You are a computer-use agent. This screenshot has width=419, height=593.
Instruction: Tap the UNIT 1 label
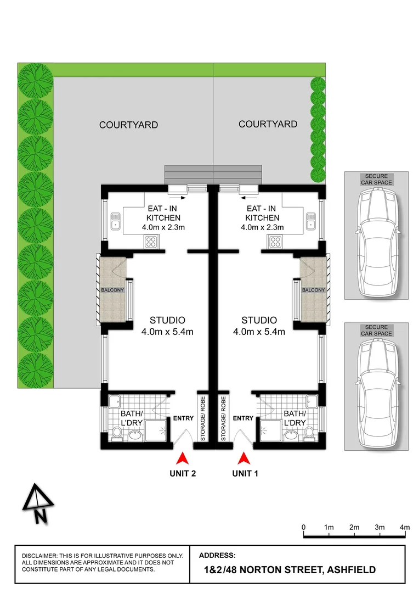(245, 473)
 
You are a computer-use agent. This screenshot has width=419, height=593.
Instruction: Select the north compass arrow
(38, 503)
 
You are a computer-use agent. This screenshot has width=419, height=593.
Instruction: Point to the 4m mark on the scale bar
(405, 528)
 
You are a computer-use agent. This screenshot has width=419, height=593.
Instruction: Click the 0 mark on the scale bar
(304, 528)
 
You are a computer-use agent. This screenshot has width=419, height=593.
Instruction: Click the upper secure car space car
(376, 242)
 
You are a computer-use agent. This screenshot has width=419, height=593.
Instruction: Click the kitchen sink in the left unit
(115, 220)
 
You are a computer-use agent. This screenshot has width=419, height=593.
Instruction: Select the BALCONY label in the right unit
(313, 290)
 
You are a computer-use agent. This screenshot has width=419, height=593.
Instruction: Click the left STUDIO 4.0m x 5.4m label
(167, 326)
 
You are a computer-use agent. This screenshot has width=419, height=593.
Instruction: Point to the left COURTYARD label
(128, 125)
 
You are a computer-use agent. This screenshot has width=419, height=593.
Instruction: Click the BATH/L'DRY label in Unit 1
(295, 418)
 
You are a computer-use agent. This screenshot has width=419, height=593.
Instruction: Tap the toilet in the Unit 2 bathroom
(116, 435)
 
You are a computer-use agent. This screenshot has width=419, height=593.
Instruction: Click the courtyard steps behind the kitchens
(213, 174)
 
